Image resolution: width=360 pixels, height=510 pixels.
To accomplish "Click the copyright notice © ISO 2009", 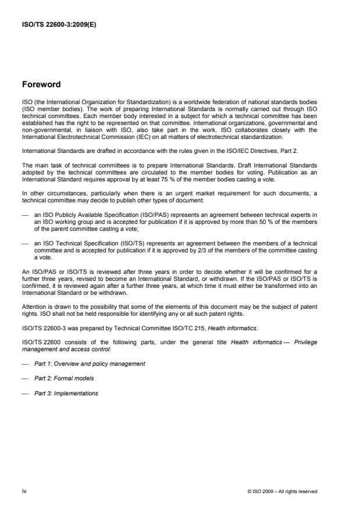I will [x=282, y=491].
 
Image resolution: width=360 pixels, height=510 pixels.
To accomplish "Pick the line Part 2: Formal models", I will [x=64, y=378].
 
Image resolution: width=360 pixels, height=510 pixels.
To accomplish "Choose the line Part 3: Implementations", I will [x=66, y=393].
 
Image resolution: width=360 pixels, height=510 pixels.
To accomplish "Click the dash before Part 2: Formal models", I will [x=25, y=378].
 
